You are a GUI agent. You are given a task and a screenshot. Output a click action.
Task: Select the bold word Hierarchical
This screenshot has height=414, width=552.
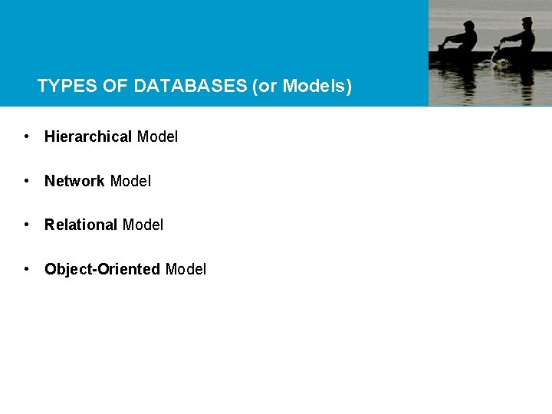tap(88, 137)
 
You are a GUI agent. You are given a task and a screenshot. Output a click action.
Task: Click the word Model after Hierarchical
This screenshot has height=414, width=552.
tap(157, 137)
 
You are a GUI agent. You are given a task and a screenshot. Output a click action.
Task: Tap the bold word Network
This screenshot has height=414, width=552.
tap(74, 182)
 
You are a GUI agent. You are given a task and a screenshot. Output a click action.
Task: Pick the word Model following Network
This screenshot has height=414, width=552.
tap(130, 182)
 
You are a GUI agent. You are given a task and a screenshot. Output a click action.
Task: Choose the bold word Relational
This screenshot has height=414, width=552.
tap(80, 225)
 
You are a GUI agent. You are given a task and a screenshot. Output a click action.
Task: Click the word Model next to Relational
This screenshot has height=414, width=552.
tap(143, 225)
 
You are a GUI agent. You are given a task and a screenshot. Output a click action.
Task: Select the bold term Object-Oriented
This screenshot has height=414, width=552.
tap(102, 270)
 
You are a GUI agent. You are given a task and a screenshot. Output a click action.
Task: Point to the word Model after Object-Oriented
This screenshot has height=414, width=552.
tap(186, 270)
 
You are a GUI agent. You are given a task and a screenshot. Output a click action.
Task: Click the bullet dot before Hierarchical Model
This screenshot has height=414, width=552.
tap(27, 136)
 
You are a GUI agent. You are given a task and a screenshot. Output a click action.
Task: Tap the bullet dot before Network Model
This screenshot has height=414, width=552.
tap(27, 181)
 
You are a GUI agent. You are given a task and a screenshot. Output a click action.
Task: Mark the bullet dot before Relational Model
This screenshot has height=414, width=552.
tap(27, 225)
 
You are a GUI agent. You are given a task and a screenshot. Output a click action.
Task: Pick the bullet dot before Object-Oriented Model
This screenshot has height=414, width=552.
tap(27, 269)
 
